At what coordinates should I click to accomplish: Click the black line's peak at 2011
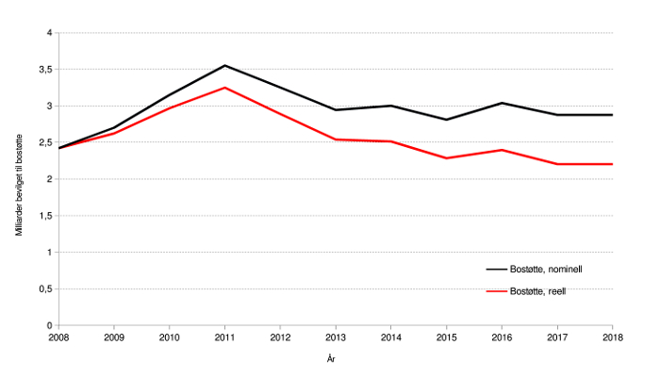(224, 65)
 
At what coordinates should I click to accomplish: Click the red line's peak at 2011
(224, 88)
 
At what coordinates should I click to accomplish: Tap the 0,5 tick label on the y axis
(45, 288)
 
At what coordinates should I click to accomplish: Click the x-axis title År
(332, 359)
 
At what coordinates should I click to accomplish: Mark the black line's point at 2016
(502, 103)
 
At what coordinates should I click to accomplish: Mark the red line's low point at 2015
(446, 158)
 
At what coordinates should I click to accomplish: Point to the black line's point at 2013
(335, 110)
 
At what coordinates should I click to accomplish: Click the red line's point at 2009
(114, 134)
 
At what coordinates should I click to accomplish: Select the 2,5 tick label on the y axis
(45, 142)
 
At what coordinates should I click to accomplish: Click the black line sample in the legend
(495, 270)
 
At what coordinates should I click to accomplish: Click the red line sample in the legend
(495, 291)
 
